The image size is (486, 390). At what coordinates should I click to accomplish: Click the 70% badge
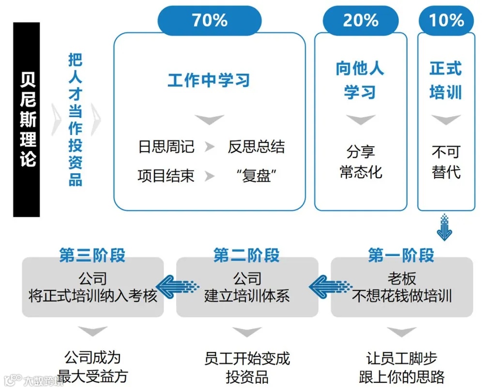point(210,21)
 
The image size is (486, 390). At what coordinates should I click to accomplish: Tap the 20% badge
point(360,21)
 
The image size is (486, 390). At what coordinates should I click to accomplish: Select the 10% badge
point(446,21)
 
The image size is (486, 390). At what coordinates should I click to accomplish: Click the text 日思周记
point(166,147)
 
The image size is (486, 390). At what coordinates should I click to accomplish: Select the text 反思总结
point(256,147)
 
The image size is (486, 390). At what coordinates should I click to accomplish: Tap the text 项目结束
point(166,176)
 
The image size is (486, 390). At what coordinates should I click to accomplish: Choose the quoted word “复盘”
point(256,176)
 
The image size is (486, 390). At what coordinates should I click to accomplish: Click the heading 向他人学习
point(360,80)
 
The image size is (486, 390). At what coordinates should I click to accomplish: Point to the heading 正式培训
point(446,80)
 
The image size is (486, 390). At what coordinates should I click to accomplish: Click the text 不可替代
point(446,162)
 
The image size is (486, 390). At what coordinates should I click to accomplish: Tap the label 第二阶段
point(246,255)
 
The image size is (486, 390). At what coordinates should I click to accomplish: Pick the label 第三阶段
point(92,255)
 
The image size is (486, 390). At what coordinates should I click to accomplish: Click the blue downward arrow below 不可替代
point(444,227)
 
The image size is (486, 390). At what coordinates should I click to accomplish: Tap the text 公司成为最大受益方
point(92,367)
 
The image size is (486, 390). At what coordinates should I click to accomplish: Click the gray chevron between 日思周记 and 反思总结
point(210,147)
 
